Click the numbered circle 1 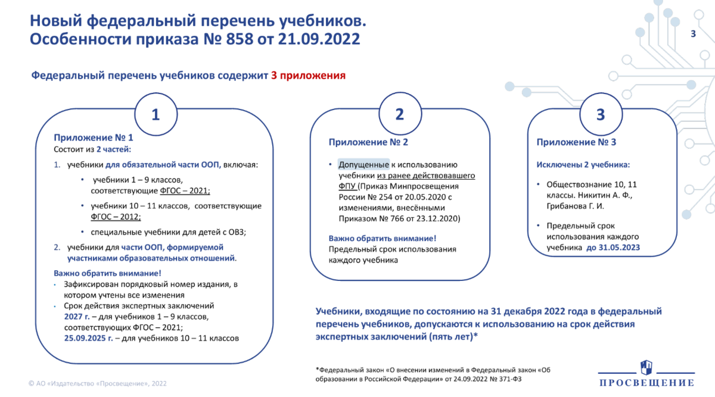coord(156,115)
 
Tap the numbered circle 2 coord(400,115)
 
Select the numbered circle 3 coord(601,115)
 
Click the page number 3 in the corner coord(693,34)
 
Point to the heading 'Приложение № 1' coord(85,137)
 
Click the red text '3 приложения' coord(308,76)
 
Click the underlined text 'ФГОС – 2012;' coord(116,217)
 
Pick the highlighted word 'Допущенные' coord(363,165)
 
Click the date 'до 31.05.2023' coord(613,248)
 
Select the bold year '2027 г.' coord(77,317)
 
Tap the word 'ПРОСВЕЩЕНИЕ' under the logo coord(646,383)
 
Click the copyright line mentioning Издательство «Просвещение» coord(98,383)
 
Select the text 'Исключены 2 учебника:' coord(583,165)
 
